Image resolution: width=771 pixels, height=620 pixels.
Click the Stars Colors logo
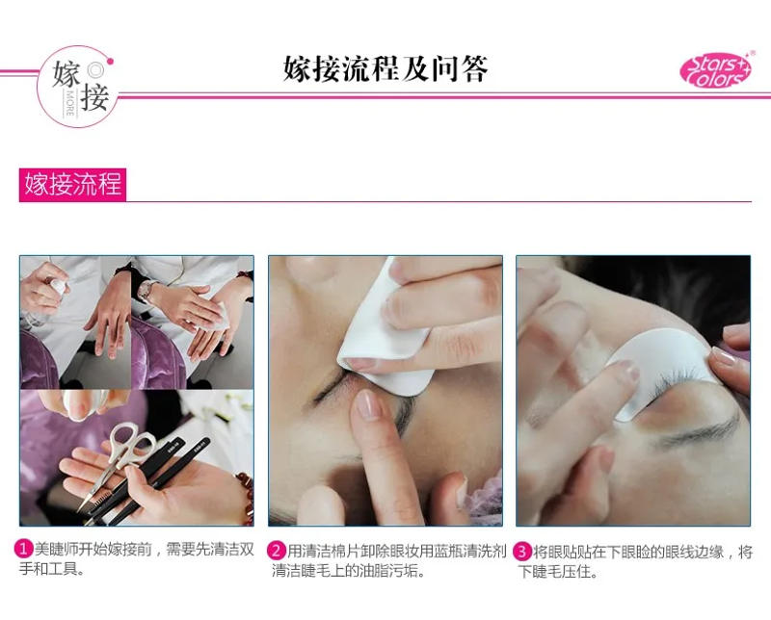click(x=715, y=70)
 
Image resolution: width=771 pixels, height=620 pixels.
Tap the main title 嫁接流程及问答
click(x=385, y=69)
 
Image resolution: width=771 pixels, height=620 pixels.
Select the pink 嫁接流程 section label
click(x=72, y=184)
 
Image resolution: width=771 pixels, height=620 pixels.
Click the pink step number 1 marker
click(x=23, y=551)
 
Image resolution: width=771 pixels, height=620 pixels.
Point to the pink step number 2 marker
click(x=276, y=551)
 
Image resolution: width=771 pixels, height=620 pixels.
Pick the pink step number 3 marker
click(x=522, y=551)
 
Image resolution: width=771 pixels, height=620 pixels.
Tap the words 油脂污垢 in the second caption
click(x=389, y=572)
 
